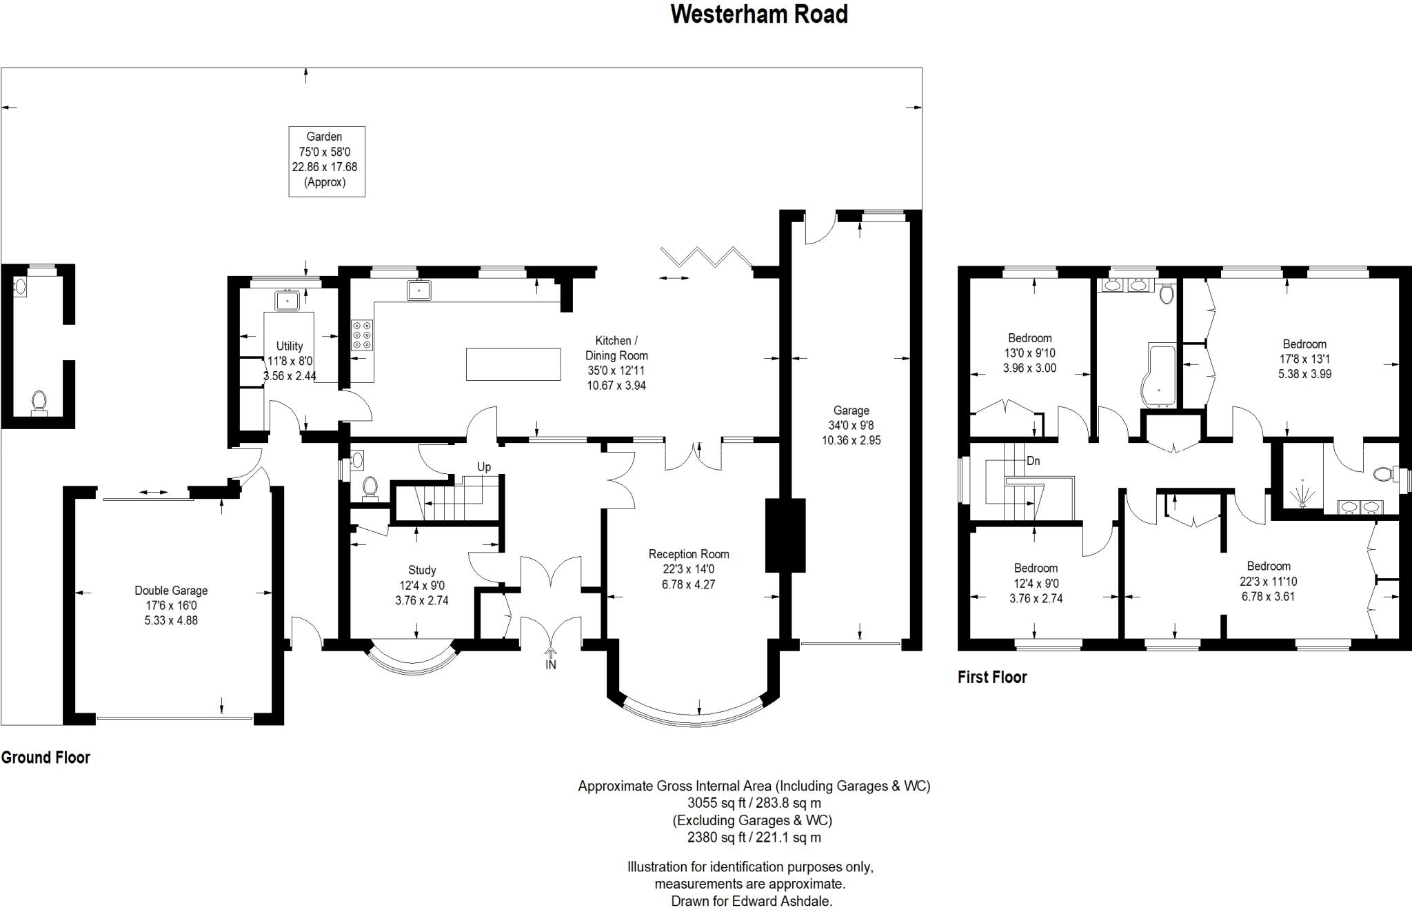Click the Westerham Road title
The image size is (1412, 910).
click(x=759, y=14)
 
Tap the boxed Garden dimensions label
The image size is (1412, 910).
click(x=326, y=161)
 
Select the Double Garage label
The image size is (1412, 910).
click(x=171, y=605)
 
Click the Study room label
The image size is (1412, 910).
click(x=422, y=585)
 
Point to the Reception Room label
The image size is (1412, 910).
click(x=689, y=569)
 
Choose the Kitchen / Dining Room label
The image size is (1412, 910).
click(x=616, y=363)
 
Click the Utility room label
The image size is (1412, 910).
click(x=290, y=361)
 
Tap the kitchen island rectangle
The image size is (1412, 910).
click(x=514, y=364)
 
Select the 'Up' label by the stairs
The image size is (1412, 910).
click(x=484, y=467)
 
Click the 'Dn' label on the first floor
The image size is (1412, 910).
click(x=1033, y=461)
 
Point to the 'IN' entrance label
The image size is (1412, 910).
click(x=551, y=665)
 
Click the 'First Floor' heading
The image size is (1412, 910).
click(x=992, y=677)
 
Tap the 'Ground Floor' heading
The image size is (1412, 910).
click(x=46, y=758)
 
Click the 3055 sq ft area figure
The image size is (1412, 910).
click(x=715, y=803)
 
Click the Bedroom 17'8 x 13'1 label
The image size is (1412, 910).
click(x=1304, y=359)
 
